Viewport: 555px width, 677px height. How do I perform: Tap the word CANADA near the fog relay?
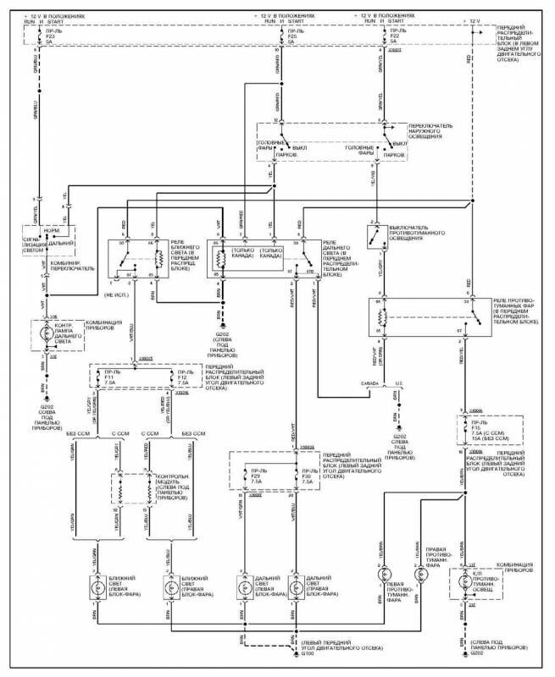[369, 382]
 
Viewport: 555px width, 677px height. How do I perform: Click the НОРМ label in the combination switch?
[39, 229]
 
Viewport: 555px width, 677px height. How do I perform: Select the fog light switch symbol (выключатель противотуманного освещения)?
[373, 238]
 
